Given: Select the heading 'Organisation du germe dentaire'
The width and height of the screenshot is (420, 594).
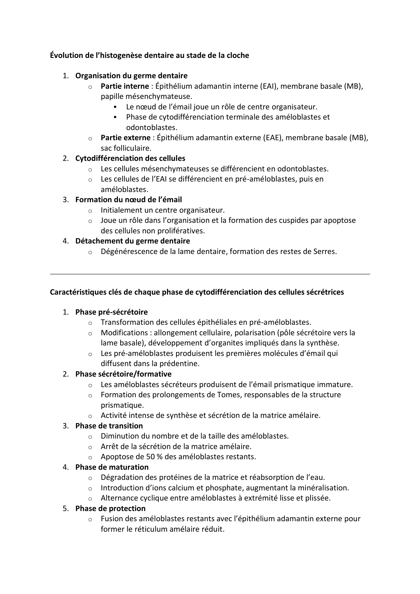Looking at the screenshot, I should pyautogui.click(x=131, y=76).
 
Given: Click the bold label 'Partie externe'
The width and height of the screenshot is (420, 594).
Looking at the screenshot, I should pyautogui.click(x=125, y=138).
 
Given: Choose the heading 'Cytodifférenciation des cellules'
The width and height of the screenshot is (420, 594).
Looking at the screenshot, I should pyautogui.click(x=130, y=158).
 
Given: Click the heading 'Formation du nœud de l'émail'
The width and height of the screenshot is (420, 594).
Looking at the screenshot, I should pyautogui.click(x=128, y=200).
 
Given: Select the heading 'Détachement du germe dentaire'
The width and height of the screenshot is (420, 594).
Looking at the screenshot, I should pyautogui.click(x=132, y=241).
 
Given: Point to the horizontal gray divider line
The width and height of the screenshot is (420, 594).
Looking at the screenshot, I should pyautogui.click(x=210, y=274).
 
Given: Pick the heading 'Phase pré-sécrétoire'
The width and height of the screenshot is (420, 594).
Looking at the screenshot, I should pyautogui.click(x=111, y=312).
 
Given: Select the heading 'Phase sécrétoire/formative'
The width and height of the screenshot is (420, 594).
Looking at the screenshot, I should pyautogui.click(x=123, y=374).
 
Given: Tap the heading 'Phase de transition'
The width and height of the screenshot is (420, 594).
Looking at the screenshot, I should pyautogui.click(x=109, y=426).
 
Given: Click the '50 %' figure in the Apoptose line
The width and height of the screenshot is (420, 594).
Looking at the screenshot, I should pyautogui.click(x=154, y=457).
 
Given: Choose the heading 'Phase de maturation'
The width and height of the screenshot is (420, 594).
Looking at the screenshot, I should pyautogui.click(x=112, y=467).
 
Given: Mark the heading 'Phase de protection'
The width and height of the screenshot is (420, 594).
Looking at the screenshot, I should pyautogui.click(x=110, y=509).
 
